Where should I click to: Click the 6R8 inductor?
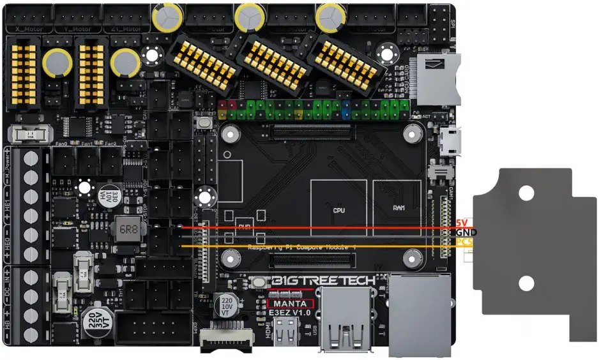[124, 228]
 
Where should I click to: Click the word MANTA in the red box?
[291, 304]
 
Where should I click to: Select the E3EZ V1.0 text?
[291, 313]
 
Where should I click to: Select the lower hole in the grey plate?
[526, 281]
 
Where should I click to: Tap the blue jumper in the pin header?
[345, 109]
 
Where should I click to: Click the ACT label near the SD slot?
[426, 116]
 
